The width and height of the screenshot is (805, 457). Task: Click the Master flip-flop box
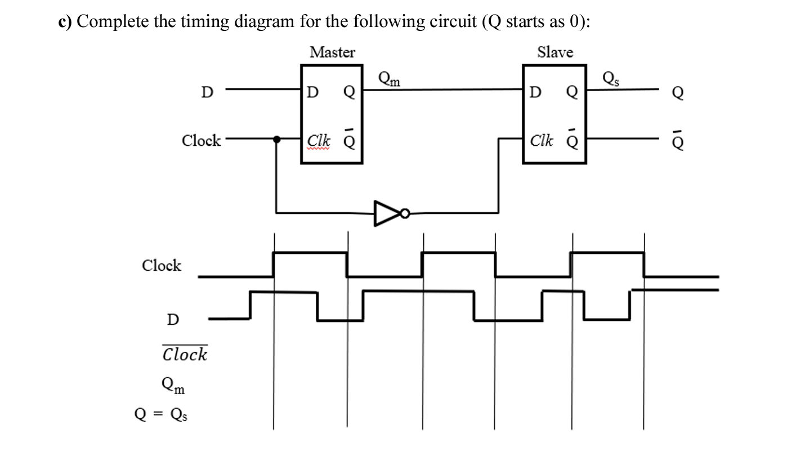(331, 115)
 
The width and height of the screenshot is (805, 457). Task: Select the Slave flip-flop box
(554, 115)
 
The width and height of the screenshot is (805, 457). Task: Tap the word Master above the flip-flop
(332, 52)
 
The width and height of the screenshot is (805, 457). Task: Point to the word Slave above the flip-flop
(554, 52)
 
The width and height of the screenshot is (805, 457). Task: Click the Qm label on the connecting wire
(389, 79)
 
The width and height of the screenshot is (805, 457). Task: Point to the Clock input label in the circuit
(202, 140)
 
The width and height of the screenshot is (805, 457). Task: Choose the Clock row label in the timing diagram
(162, 265)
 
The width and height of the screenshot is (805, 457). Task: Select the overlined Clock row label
(185, 354)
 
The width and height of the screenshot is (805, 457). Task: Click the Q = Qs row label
(161, 415)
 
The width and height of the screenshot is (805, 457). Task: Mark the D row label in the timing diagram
(173, 320)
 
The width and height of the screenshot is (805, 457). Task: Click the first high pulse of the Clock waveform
(310, 254)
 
